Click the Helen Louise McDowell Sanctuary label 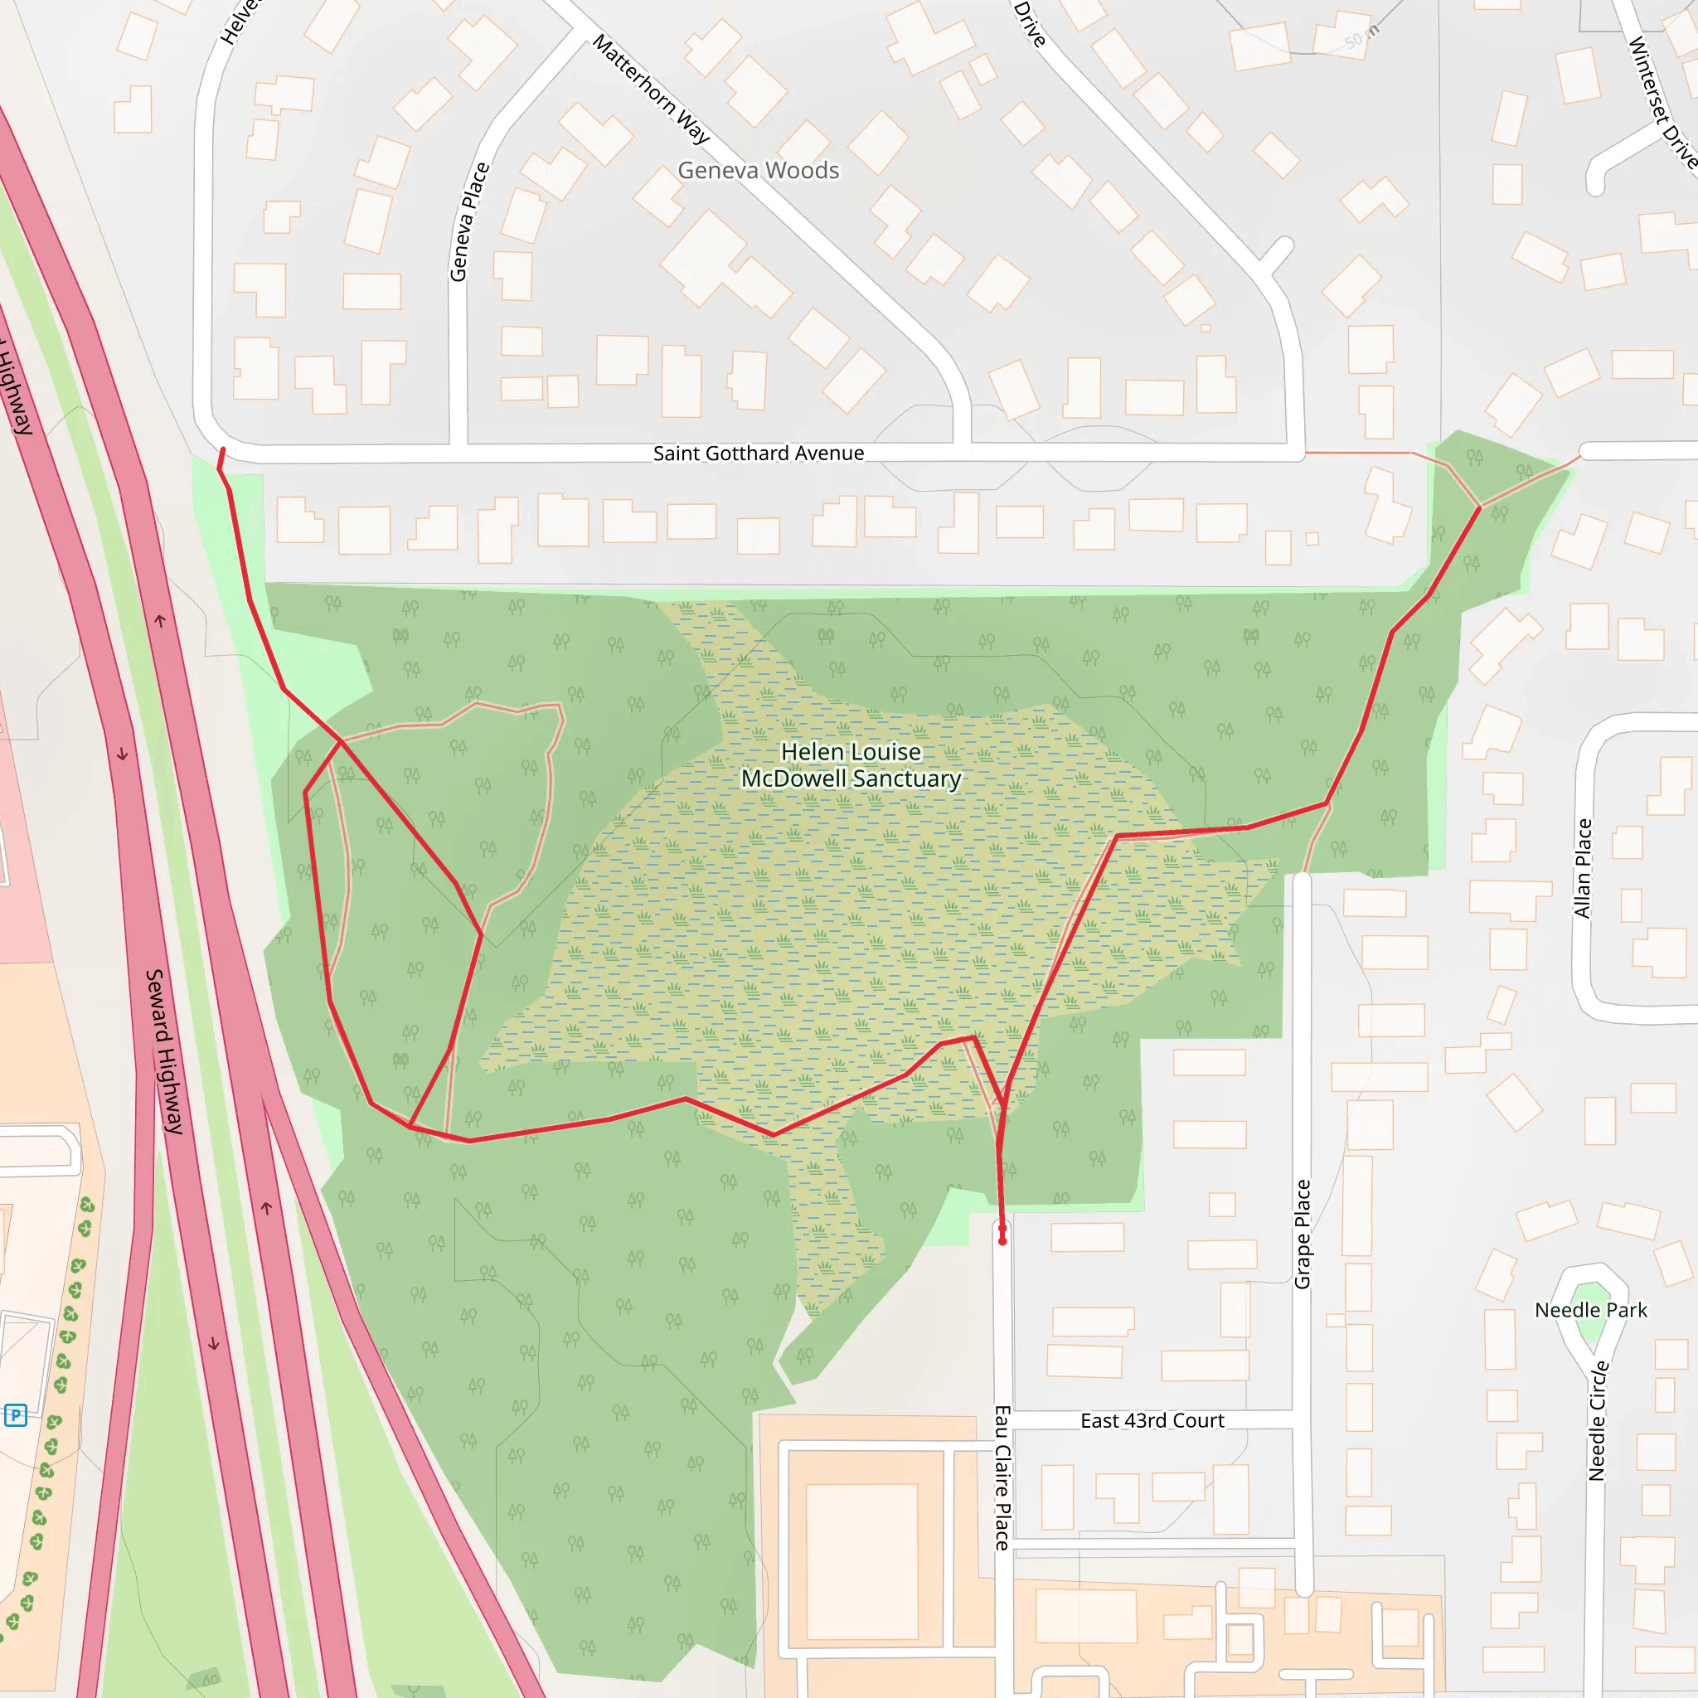click(850, 765)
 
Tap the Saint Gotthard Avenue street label click(758, 454)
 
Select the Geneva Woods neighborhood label click(758, 171)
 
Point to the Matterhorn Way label click(650, 89)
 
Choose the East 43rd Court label click(1152, 1421)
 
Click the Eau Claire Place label click(1002, 1477)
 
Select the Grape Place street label click(1303, 1234)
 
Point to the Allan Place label click(1583, 868)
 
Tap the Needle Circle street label click(1598, 1420)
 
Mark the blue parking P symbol click(16, 1415)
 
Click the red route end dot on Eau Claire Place click(1002, 1241)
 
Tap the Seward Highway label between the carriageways click(164, 1051)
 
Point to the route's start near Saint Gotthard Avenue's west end click(222, 451)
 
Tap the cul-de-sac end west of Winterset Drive click(1596, 186)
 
